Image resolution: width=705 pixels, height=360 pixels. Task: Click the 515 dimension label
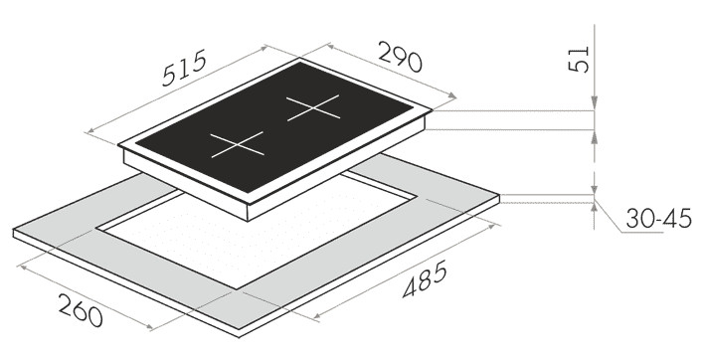point(184,68)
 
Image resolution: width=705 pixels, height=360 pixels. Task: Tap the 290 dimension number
point(400,57)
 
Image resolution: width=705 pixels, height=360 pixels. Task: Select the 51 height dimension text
point(579,59)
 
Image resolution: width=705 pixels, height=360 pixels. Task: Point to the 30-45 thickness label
point(658,220)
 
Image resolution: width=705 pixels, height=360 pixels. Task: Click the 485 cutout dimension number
point(425,278)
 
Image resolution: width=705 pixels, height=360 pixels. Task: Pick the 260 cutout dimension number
point(81,310)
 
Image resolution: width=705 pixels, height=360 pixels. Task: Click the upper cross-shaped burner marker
point(313,107)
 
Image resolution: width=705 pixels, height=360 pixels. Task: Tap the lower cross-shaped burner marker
point(238,145)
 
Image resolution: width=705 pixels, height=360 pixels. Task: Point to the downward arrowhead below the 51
point(595,102)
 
